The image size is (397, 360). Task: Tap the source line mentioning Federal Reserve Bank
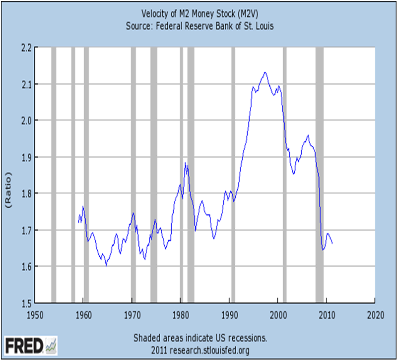coord(200,24)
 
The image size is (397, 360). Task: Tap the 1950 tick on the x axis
coord(35,314)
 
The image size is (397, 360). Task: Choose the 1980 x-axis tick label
coord(181,314)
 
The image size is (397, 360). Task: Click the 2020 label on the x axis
coord(375,314)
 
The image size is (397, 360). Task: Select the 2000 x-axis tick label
coord(278,314)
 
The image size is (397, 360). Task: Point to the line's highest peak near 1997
coord(265,72)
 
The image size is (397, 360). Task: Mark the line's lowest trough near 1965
coord(106,265)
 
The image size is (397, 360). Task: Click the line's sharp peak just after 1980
coord(185,163)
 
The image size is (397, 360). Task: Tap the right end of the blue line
coord(332,243)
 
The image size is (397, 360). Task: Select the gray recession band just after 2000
coord(284,174)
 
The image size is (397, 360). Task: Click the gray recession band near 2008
coord(320,174)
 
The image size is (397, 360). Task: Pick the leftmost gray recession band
coord(54,174)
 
